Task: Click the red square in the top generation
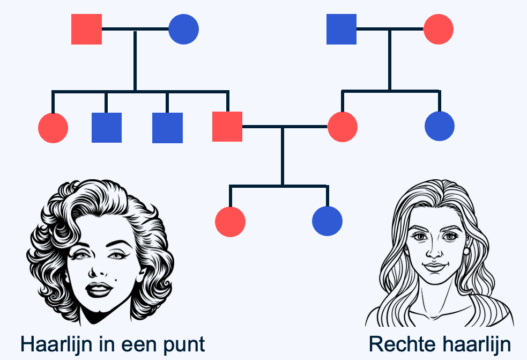click(86, 30)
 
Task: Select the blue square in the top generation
click(342, 30)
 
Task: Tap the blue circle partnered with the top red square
click(183, 30)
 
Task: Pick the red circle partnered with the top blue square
click(439, 30)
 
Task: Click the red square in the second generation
click(227, 127)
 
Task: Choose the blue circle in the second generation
click(440, 126)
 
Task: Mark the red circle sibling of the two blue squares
click(53, 128)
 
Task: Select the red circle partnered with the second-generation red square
click(343, 127)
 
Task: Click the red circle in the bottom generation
click(230, 222)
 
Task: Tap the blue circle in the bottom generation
click(328, 221)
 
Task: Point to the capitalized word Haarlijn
click(56, 344)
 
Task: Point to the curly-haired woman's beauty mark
click(116, 280)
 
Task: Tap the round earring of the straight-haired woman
click(466, 251)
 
